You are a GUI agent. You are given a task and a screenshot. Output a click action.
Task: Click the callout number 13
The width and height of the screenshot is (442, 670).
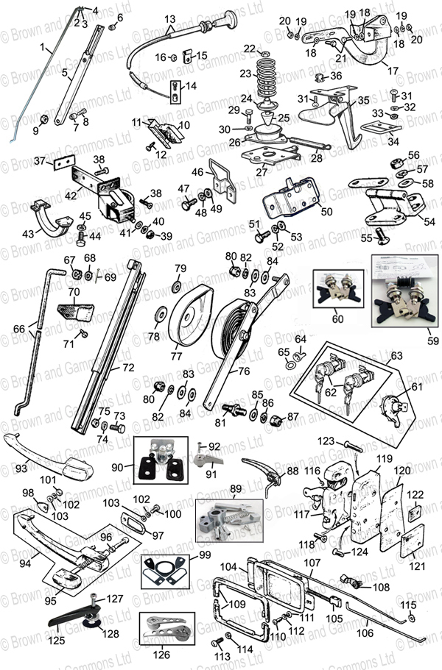coord(170,18)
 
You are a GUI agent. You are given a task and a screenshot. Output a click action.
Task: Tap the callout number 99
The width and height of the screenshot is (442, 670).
coord(205,554)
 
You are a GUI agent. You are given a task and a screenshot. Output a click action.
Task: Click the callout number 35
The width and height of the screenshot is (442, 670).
coord(362,101)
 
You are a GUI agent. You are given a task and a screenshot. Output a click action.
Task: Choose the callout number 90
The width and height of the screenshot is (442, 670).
coord(116,468)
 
